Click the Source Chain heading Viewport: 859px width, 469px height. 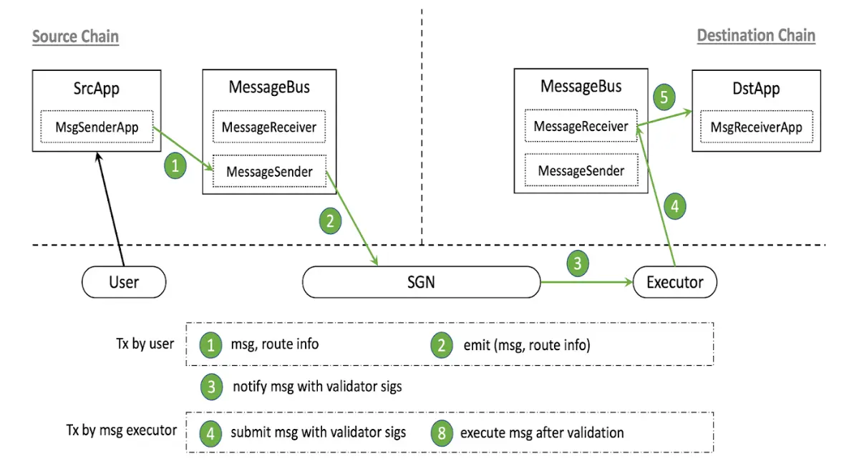click(76, 37)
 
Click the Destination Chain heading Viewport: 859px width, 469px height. click(756, 36)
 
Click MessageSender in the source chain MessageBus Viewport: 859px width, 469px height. click(270, 171)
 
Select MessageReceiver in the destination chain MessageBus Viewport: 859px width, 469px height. click(581, 126)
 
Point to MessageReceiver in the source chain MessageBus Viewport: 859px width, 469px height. click(269, 127)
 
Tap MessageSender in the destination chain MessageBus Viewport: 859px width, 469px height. click(581, 170)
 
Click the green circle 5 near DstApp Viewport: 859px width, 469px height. click(664, 97)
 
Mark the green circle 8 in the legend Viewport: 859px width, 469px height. click(442, 433)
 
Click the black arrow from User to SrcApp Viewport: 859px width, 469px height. click(111, 209)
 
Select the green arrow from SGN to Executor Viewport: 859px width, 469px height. click(587, 283)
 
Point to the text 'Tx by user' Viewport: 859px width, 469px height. click(145, 344)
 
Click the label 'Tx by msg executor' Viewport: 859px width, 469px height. click(122, 430)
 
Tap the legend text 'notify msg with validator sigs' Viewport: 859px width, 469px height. click(318, 387)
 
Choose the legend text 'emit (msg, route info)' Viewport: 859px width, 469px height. click(527, 345)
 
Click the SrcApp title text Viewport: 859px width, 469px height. click(97, 89)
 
